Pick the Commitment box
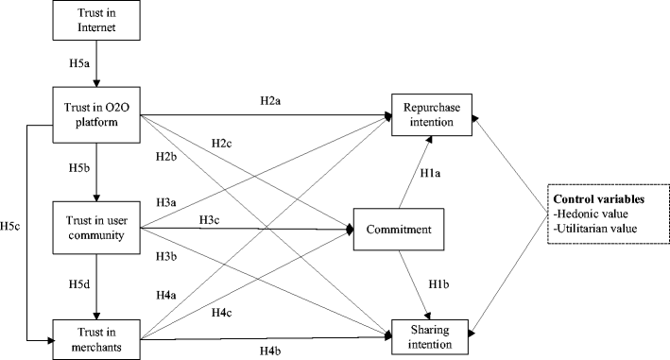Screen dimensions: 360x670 click(x=398, y=229)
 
